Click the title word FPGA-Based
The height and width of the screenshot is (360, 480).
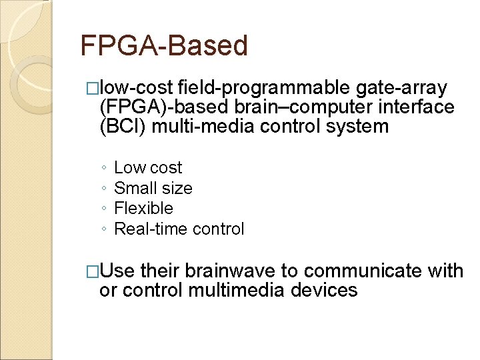[163, 46]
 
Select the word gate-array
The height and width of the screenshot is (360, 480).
[402, 87]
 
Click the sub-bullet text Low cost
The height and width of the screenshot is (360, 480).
[148, 168]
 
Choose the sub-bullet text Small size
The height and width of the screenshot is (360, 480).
[153, 189]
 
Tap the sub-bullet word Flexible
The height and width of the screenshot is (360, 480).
[143, 209]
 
